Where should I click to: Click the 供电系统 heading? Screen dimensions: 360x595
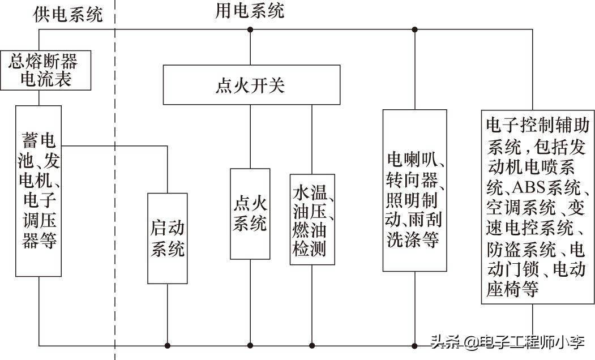[69, 14]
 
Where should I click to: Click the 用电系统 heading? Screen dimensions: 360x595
[250, 11]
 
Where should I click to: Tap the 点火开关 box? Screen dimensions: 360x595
[251, 85]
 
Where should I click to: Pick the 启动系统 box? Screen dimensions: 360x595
[168, 238]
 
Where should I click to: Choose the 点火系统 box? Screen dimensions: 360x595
[250, 213]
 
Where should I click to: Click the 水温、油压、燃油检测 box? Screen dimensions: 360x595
[312, 219]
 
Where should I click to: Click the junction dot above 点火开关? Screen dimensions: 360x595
[250, 29]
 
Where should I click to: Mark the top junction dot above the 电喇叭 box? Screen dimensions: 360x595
[414, 29]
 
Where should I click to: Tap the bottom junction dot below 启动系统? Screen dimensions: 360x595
[168, 345]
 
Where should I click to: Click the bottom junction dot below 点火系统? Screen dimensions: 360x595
[250, 345]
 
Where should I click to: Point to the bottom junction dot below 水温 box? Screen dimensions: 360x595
[312, 345]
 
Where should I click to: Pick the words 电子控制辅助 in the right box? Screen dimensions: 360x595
[538, 125]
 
